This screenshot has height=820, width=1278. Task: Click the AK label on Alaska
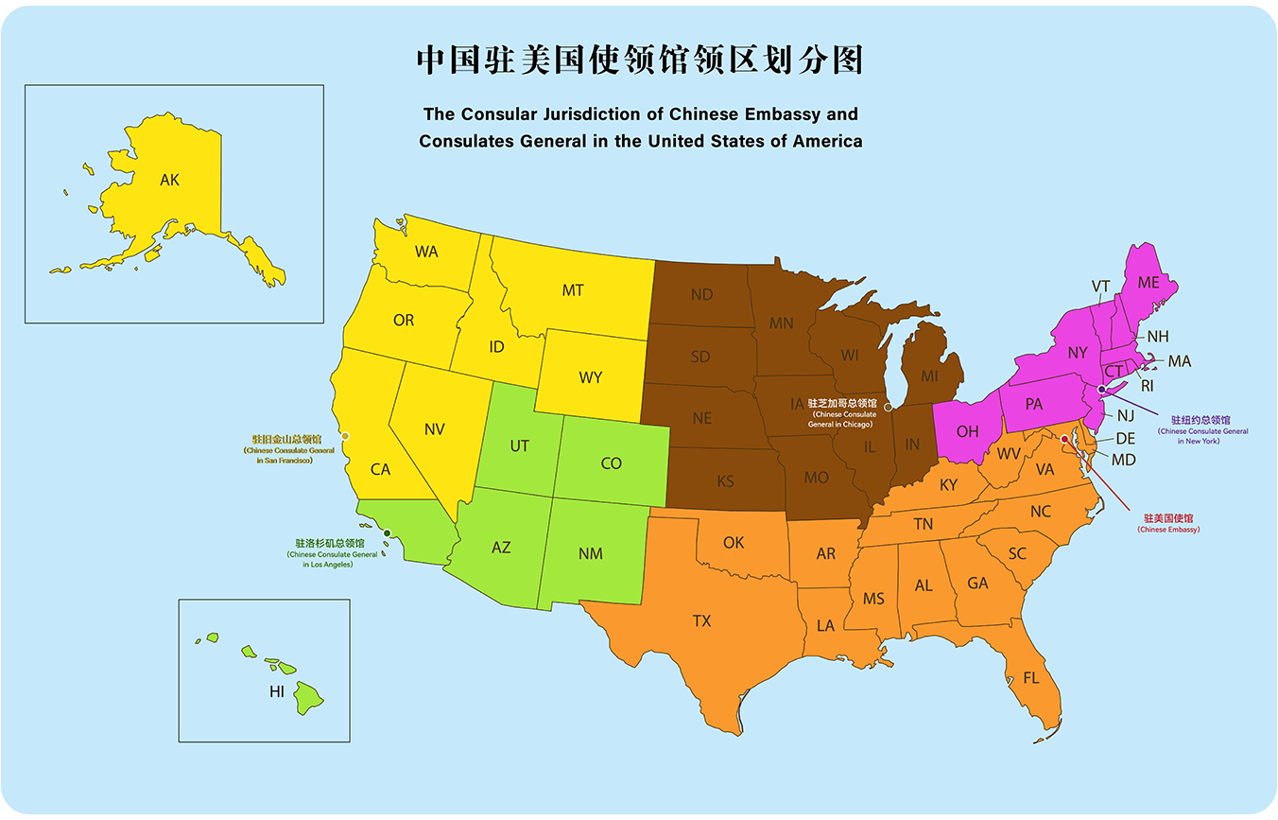(x=169, y=179)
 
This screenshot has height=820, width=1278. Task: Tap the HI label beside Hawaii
(x=276, y=691)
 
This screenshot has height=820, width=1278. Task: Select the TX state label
(x=701, y=620)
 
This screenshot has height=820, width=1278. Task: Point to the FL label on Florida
(x=1029, y=678)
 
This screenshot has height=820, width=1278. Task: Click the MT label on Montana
(x=573, y=290)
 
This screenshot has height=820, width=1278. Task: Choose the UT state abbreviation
(x=519, y=445)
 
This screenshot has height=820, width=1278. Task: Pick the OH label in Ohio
(x=967, y=431)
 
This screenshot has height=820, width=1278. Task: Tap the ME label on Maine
(x=1148, y=282)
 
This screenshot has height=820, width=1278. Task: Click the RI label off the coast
(x=1148, y=386)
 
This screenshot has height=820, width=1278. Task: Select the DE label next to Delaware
(x=1125, y=439)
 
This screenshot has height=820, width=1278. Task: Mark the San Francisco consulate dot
(x=345, y=436)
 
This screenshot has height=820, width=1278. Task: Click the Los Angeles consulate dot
(x=388, y=534)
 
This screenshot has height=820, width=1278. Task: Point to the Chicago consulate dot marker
(x=888, y=407)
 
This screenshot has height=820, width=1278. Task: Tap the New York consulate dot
(x=1101, y=390)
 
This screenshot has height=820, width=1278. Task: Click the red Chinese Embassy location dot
(x=1065, y=439)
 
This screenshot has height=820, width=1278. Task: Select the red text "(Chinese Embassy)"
(x=1168, y=530)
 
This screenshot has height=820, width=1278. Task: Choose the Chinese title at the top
(x=640, y=59)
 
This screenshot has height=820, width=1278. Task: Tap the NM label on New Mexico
(x=591, y=553)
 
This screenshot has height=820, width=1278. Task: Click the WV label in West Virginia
(x=1010, y=454)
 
